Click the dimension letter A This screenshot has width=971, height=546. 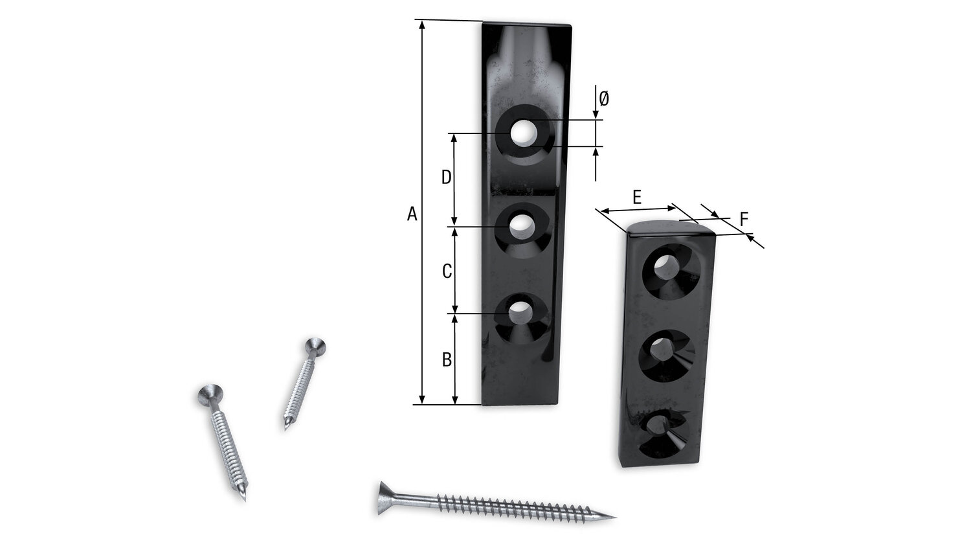pyautogui.click(x=412, y=214)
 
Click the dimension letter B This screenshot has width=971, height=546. pyautogui.click(x=447, y=359)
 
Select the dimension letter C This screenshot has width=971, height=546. pyautogui.click(x=447, y=271)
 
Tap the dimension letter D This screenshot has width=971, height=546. pyautogui.click(x=447, y=177)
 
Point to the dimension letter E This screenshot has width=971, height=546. pyautogui.click(x=637, y=198)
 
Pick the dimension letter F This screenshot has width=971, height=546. pyautogui.click(x=744, y=220)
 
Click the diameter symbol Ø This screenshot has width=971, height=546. pyautogui.click(x=604, y=99)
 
